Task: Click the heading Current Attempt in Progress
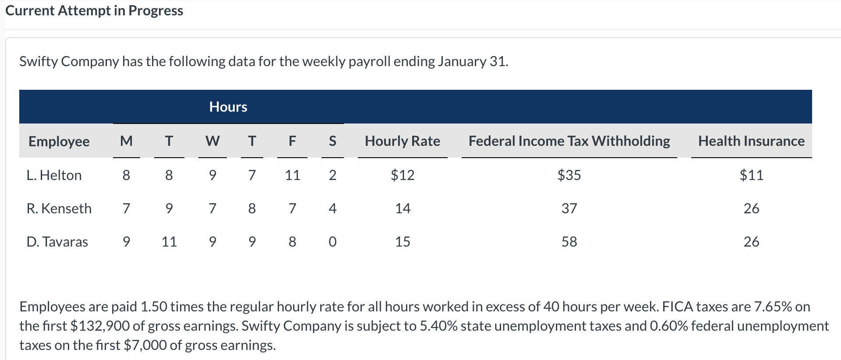94,11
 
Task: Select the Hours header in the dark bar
228,107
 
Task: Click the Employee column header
59,141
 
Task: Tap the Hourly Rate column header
403,141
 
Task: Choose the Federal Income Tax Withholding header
569,141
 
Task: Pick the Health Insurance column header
751,141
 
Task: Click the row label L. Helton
54,175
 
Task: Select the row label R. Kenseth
59,208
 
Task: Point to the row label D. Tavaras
57,242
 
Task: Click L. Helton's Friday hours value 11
292,175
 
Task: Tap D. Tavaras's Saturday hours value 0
332,242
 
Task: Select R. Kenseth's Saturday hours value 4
332,208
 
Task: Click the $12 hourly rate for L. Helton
403,175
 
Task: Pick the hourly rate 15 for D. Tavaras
403,242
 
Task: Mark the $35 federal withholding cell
569,175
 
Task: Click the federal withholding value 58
569,242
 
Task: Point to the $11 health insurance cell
751,175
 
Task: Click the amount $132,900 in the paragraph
100,326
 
